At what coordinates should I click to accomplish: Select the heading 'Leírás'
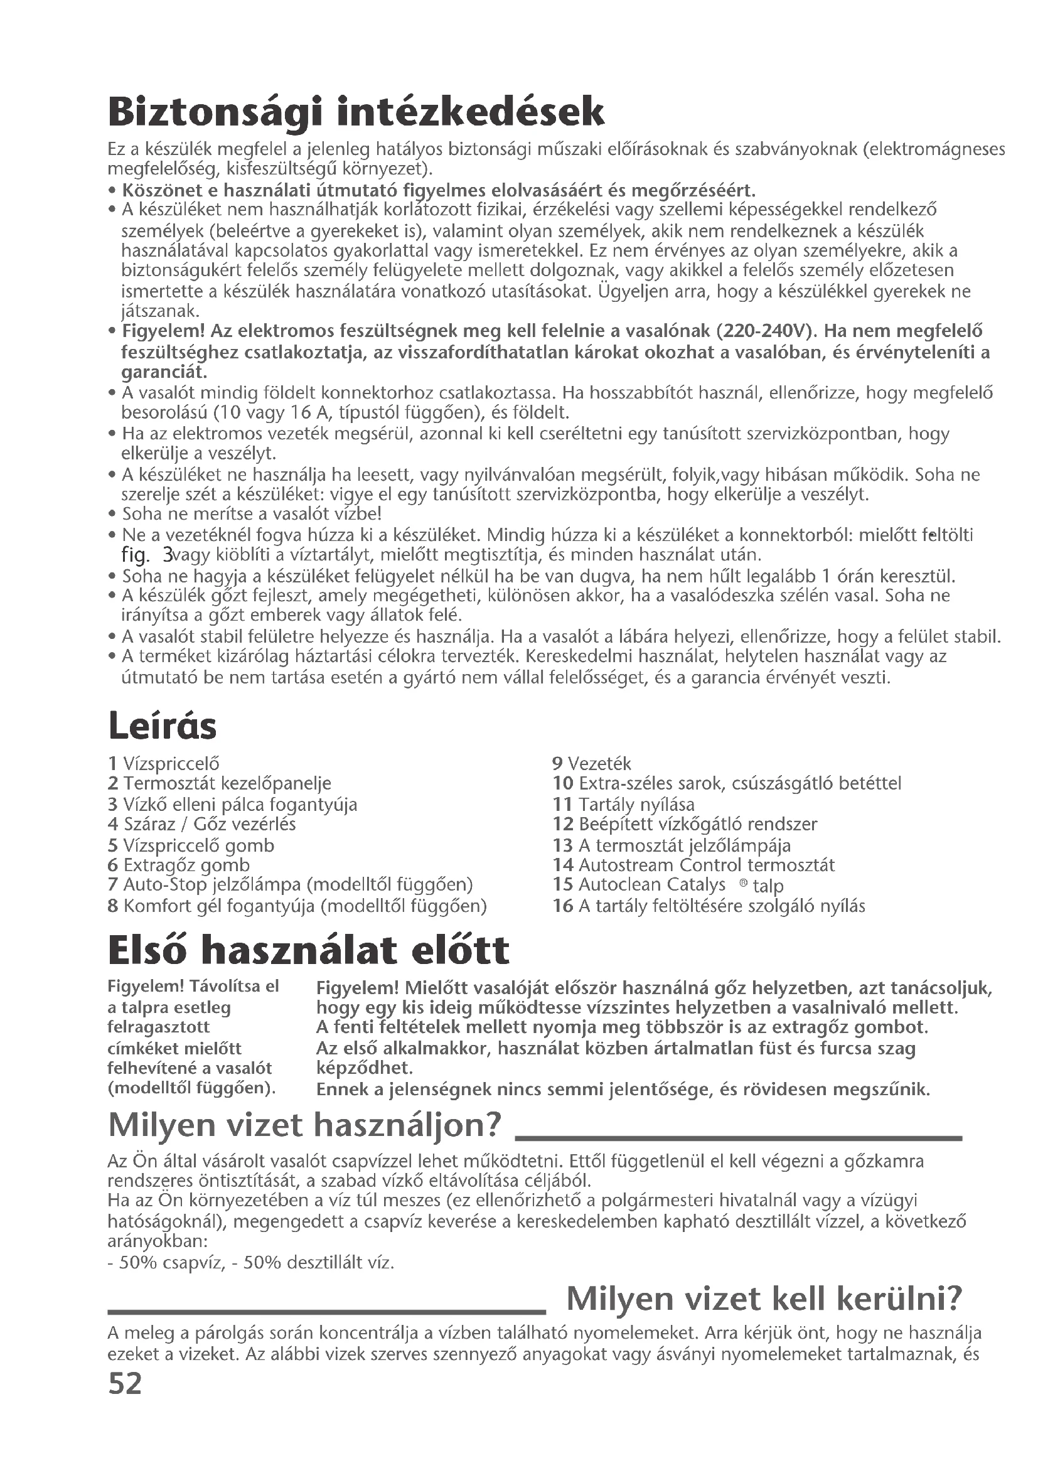coord(163,726)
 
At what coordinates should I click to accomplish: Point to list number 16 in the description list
coord(562,906)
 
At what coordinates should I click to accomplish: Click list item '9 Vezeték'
coord(591,763)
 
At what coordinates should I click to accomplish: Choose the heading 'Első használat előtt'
coord(309,950)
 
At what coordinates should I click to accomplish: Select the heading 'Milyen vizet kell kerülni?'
coord(764,1299)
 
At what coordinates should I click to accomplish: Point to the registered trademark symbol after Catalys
coord(742,883)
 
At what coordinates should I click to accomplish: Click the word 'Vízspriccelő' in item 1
coord(171,763)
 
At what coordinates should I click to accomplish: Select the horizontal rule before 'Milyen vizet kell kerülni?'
coord(326,1310)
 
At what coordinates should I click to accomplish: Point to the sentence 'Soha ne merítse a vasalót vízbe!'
coord(252,514)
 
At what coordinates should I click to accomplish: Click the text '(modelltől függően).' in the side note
coord(192,1088)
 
